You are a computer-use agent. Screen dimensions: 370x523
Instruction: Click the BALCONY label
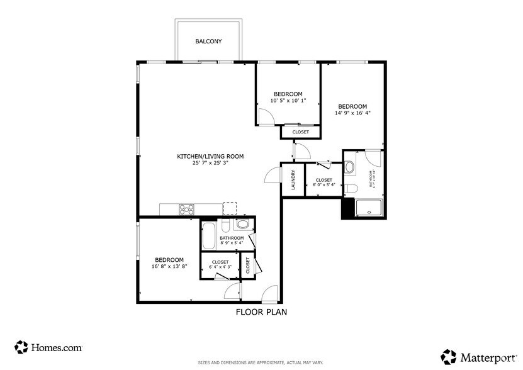pyautogui.click(x=208, y=42)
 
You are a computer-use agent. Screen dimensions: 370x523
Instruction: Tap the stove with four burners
pyautogui.click(x=186, y=210)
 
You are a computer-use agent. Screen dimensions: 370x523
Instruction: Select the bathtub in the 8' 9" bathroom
pyautogui.click(x=209, y=235)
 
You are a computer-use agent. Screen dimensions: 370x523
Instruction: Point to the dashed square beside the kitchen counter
pyautogui.click(x=230, y=208)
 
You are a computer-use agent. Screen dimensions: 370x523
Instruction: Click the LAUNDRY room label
pyautogui.click(x=293, y=180)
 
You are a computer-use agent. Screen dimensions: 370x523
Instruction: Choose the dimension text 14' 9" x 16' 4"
pyautogui.click(x=352, y=114)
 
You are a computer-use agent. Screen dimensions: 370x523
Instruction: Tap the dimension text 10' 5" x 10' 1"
pyautogui.click(x=288, y=101)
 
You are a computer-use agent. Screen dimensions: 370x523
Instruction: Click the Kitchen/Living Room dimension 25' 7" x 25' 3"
pyautogui.click(x=210, y=163)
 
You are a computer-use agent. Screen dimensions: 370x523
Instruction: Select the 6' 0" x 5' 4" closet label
pyautogui.click(x=324, y=185)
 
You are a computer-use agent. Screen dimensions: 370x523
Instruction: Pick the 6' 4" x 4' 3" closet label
pyautogui.click(x=220, y=267)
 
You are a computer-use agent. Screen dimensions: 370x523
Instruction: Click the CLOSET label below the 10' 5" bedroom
pyautogui.click(x=300, y=132)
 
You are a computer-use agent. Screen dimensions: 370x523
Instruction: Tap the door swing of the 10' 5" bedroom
pyautogui.click(x=265, y=117)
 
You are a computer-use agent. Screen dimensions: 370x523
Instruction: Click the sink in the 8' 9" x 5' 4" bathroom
pyautogui.click(x=242, y=225)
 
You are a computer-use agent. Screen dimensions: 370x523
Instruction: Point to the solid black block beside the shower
pyautogui.click(x=347, y=209)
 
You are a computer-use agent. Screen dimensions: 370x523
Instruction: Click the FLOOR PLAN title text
pyautogui.click(x=261, y=311)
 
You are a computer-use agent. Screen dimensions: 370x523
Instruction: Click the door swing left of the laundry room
pyautogui.click(x=273, y=175)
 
